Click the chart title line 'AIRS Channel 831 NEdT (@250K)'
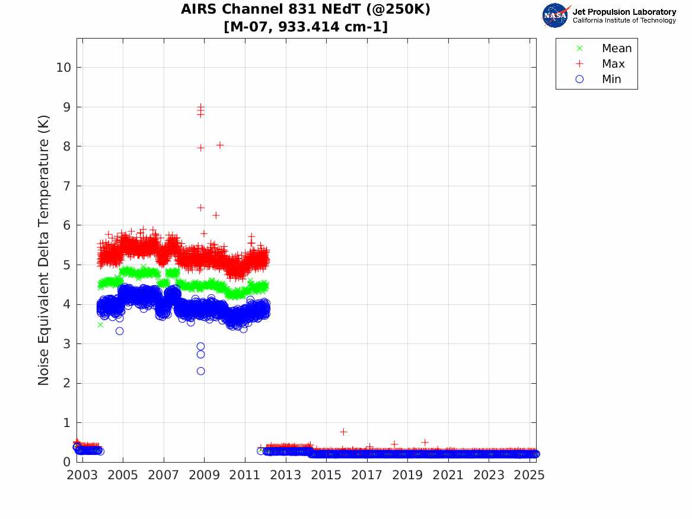305,10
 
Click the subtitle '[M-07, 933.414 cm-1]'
305,27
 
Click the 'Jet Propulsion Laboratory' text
624,12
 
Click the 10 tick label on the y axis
63,68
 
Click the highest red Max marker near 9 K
200,106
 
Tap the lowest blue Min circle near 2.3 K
200,371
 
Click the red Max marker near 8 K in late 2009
219,145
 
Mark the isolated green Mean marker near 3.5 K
100,324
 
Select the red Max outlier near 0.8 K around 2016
343,431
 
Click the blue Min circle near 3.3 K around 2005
119,331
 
